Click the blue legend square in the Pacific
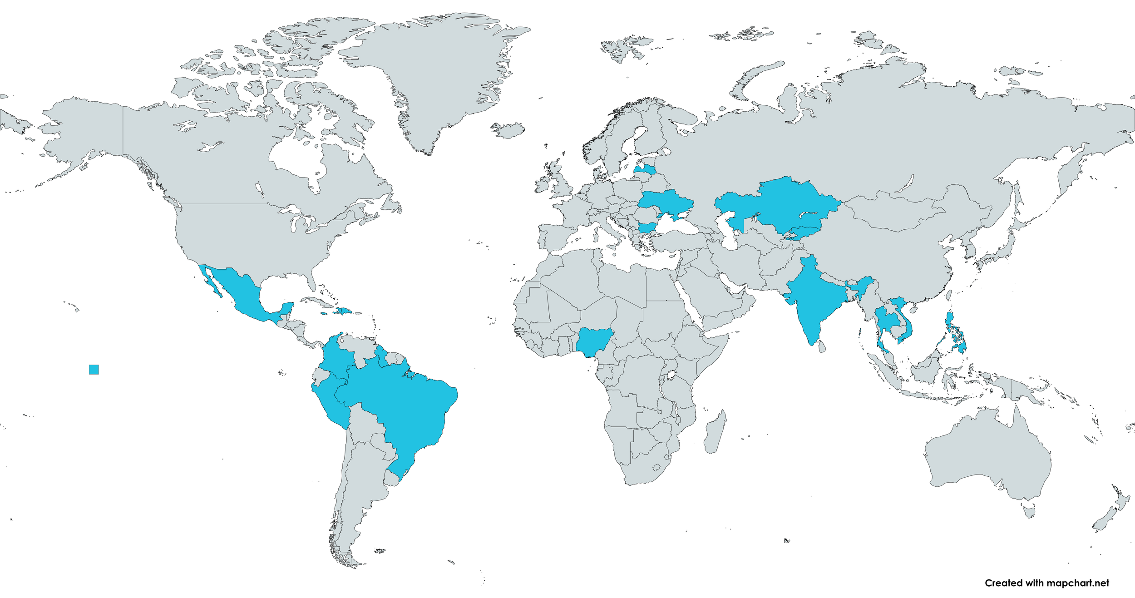point(94,369)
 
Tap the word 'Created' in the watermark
point(1000,583)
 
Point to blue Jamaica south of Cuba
point(324,313)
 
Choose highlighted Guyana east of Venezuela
point(382,357)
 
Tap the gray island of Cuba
point(318,301)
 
